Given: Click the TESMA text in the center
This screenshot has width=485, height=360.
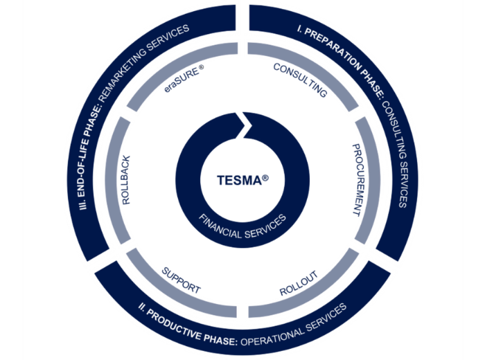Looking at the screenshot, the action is [x=240, y=181].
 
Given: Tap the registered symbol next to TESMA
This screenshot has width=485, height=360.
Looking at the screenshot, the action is [x=265, y=178].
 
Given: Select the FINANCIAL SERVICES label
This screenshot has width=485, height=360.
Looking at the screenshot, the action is [x=242, y=227].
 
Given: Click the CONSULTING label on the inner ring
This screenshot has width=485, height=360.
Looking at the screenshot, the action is [x=300, y=80].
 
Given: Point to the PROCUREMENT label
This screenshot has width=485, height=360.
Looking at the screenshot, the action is [x=358, y=180].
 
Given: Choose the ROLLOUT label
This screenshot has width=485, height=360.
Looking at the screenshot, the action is [x=299, y=283].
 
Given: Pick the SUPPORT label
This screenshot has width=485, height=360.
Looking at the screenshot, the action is [x=182, y=280].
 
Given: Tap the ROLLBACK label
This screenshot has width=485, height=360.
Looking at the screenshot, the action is [x=126, y=180].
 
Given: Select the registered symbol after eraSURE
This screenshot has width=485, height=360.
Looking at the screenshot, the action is [x=202, y=67].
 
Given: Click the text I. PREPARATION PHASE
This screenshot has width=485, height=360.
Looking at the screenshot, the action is [x=341, y=58].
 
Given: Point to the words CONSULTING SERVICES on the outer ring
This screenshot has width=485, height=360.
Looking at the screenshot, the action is [x=396, y=154].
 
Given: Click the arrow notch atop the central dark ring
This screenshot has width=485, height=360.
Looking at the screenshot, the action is [x=242, y=125].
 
